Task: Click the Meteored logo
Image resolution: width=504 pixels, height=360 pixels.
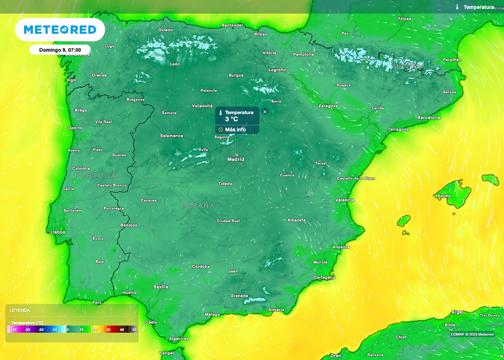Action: pyautogui.click(x=60, y=30)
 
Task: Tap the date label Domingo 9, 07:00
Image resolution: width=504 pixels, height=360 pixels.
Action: pyautogui.click(x=60, y=50)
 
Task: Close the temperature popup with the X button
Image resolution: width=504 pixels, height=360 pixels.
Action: pyautogui.click(x=265, y=112)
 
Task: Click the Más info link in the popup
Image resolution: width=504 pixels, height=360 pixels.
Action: pyautogui.click(x=235, y=130)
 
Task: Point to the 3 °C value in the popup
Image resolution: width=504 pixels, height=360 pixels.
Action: pyautogui.click(x=231, y=119)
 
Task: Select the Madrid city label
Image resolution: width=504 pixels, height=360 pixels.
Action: pyautogui.click(x=235, y=159)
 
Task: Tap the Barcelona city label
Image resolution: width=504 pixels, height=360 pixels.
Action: pyautogui.click(x=428, y=118)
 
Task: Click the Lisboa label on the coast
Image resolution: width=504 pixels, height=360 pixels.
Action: pyautogui.click(x=58, y=231)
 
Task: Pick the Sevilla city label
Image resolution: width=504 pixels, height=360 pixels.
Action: pyautogui.click(x=160, y=287)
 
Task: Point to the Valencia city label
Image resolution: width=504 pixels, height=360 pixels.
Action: pyautogui.click(x=345, y=200)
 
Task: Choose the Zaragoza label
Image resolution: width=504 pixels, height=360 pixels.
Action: pyautogui.click(x=328, y=106)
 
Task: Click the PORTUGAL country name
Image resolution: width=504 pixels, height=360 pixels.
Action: pyautogui.click(x=97, y=176)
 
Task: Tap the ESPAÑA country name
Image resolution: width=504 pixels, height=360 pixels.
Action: pyautogui.click(x=198, y=205)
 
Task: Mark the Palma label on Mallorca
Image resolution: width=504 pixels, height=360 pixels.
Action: pyautogui.click(x=444, y=196)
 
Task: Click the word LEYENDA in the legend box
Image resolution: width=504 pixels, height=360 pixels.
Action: pyautogui.click(x=20, y=310)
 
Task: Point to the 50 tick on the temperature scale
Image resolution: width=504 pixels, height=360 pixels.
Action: pyautogui.click(x=134, y=329)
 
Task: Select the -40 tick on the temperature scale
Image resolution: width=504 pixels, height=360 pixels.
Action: pyautogui.click(x=14, y=329)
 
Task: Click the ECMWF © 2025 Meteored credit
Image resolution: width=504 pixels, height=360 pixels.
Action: pyautogui.click(x=472, y=334)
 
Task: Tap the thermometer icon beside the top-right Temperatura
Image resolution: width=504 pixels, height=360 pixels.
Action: pyautogui.click(x=457, y=7)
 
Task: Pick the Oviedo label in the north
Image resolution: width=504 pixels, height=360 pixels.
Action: pyautogui.click(x=165, y=30)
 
